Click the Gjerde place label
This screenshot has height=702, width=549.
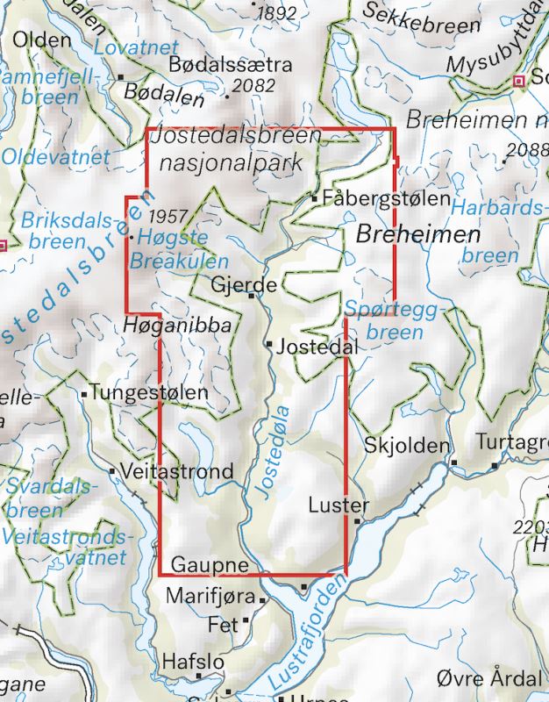[x=245, y=285]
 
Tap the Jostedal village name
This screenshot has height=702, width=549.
[x=317, y=348]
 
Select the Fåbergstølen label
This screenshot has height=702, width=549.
[x=386, y=198]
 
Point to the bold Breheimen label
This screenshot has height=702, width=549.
[x=418, y=235]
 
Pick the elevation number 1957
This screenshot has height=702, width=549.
[x=169, y=215]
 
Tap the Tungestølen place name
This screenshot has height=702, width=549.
[x=149, y=394]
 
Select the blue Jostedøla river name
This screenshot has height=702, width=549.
[x=274, y=451]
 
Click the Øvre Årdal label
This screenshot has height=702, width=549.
[x=488, y=679]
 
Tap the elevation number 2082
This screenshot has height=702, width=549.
[x=254, y=85]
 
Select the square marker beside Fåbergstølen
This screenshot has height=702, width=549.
[x=315, y=199]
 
